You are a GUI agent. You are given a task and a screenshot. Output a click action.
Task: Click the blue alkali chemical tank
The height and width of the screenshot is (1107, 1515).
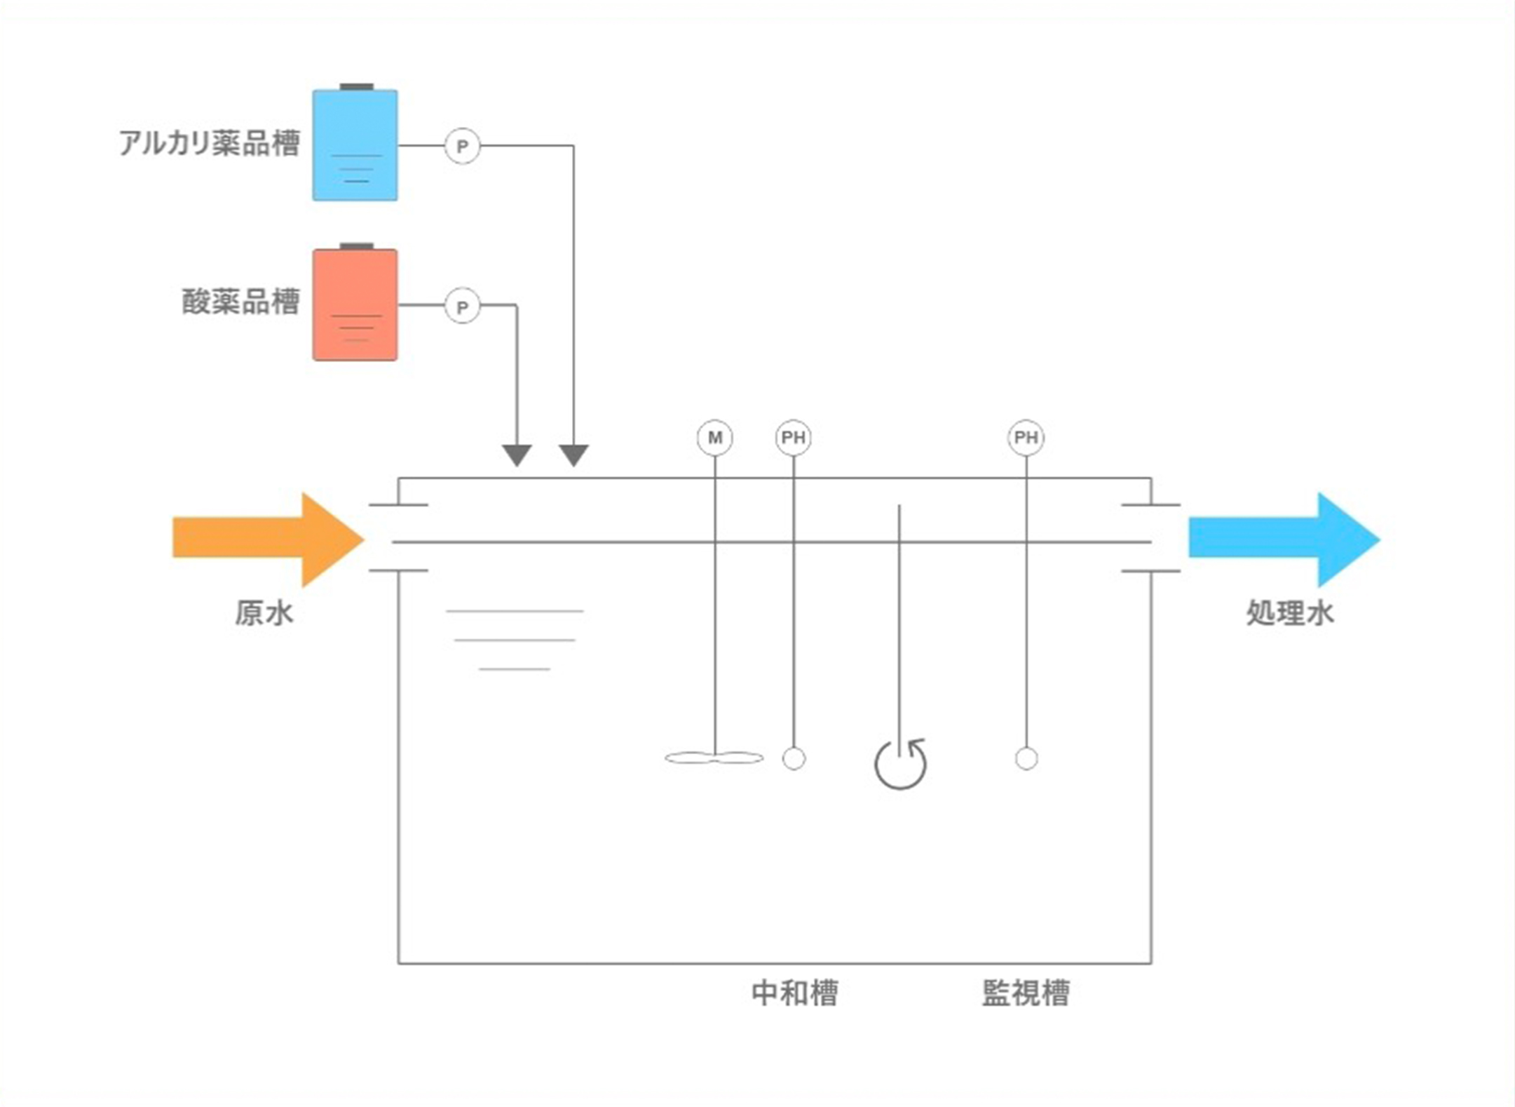click(355, 145)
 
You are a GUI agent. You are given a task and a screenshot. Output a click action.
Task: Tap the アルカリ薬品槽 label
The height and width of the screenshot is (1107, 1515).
click(209, 143)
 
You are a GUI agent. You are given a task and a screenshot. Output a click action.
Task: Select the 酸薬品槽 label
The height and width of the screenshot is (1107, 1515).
click(240, 302)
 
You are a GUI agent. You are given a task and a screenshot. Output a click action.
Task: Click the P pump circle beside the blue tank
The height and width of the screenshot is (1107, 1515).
click(462, 146)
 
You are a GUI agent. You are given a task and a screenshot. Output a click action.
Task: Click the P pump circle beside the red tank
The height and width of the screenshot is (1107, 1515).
click(462, 307)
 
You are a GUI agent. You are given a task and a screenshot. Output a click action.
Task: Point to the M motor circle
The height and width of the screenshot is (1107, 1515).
click(714, 438)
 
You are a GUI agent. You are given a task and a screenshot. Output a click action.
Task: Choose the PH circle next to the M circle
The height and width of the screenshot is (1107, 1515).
click(793, 438)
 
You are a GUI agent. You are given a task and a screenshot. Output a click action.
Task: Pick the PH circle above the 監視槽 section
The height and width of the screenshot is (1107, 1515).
click(1026, 438)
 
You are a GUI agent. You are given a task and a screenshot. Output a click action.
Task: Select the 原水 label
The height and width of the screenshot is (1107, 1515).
click(264, 613)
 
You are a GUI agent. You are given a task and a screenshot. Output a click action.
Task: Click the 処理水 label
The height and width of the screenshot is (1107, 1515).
click(1289, 613)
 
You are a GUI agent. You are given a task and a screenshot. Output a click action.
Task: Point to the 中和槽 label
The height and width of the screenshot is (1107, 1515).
click(794, 993)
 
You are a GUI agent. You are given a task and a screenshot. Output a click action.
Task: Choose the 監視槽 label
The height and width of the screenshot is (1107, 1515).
click(1025, 993)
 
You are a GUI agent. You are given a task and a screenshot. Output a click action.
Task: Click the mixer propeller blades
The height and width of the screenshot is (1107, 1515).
click(714, 758)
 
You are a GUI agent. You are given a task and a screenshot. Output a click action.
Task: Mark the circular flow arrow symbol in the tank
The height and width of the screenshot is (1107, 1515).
click(900, 764)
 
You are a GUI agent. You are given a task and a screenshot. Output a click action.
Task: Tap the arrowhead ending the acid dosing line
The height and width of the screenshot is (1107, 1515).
click(517, 455)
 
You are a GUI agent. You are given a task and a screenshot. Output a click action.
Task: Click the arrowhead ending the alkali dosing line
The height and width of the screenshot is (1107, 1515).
click(573, 455)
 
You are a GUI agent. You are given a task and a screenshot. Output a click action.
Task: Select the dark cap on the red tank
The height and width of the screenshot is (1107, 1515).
click(356, 246)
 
